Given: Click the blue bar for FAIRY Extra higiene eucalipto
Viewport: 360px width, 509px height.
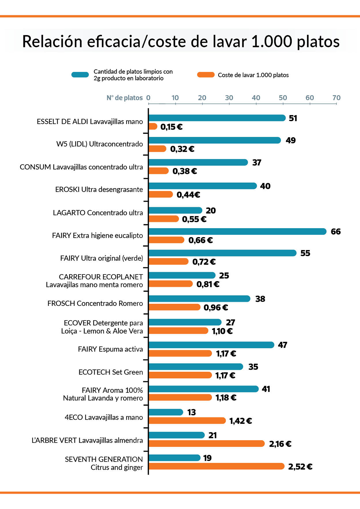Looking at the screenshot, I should pos(237,231).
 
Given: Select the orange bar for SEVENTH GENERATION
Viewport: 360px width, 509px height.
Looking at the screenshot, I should pos(216,466).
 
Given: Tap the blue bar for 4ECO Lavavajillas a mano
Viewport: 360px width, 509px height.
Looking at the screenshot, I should pos(166,412).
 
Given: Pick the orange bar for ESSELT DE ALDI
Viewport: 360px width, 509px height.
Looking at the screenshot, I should pos(153,127).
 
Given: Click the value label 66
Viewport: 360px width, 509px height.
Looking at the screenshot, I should pos(336,232).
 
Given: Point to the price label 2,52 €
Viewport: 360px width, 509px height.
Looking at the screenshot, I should pos(300,467).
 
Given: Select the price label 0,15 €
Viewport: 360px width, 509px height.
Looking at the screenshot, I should pos(171,127).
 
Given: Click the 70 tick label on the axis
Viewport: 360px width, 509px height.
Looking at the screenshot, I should pos(336,98).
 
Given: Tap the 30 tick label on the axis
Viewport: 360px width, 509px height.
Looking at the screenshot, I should pos(229,98).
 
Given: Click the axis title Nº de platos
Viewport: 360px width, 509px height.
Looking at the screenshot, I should pos(124,98).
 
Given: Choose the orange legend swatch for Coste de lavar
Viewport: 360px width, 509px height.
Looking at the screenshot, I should pos(206,75).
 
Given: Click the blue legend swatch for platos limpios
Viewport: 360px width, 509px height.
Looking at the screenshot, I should pos(80,75).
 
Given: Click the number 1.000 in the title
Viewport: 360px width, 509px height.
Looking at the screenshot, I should pos(271,41).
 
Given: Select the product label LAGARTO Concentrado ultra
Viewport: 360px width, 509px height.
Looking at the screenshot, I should pos(98,213).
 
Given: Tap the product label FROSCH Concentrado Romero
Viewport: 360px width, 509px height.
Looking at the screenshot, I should pos(95,303).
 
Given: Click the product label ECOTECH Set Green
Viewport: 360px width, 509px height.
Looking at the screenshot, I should pos(111,372).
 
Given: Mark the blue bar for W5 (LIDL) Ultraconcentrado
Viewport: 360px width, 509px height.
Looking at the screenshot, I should pos(214,140).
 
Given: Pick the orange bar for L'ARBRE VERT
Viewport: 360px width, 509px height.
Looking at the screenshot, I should pos(206,444).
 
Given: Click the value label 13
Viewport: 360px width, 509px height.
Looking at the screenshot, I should pos(191,412).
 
